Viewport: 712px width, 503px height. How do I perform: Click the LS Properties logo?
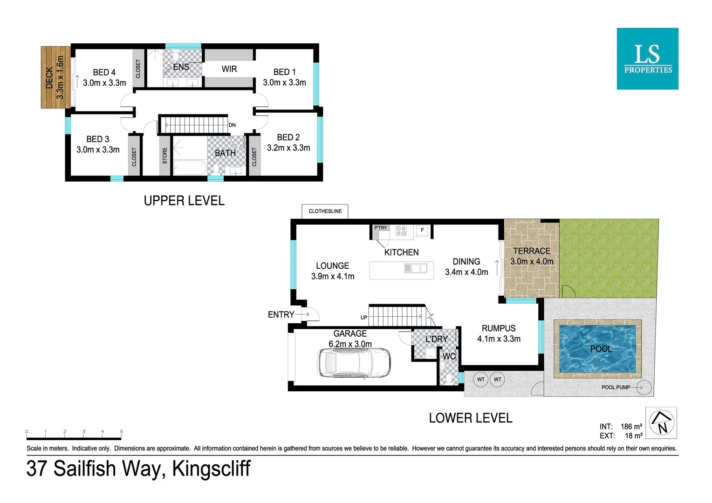point(647,59)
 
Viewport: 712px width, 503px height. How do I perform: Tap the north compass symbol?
point(661,422)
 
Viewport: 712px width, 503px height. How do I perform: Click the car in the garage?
point(354,363)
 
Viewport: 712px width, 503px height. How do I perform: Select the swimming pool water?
point(598,349)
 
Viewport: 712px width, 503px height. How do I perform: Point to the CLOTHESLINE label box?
point(325,211)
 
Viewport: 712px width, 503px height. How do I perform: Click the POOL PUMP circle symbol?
point(644,387)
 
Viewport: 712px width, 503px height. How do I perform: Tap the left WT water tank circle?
point(480,380)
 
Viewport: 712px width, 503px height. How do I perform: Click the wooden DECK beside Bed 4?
point(55,77)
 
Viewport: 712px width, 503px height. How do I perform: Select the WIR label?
point(229,69)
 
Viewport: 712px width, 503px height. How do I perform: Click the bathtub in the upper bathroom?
point(190,168)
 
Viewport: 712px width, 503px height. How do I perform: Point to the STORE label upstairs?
point(165,156)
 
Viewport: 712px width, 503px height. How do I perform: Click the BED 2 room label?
point(288,137)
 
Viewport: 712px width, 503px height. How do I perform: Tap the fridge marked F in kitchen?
point(422,230)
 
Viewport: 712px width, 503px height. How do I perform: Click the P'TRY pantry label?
point(381,228)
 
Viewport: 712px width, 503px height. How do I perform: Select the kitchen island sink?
point(416,268)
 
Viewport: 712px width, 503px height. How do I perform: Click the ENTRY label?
point(281,315)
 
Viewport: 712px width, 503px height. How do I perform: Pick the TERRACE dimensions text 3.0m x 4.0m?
point(532,262)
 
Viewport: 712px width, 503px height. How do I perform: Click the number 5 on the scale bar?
point(122,432)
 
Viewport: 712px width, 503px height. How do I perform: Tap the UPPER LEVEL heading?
point(184,201)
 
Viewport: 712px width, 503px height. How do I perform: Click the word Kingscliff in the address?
point(211,469)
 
